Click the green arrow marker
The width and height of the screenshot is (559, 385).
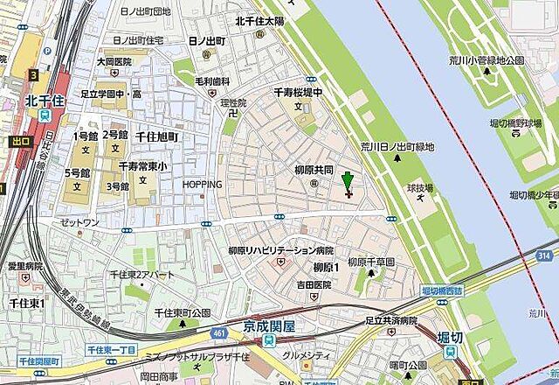(348, 182)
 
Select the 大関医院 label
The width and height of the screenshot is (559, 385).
(114, 62)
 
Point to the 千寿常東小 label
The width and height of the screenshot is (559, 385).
(143, 166)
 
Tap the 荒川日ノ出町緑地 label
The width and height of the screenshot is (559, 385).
(397, 147)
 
